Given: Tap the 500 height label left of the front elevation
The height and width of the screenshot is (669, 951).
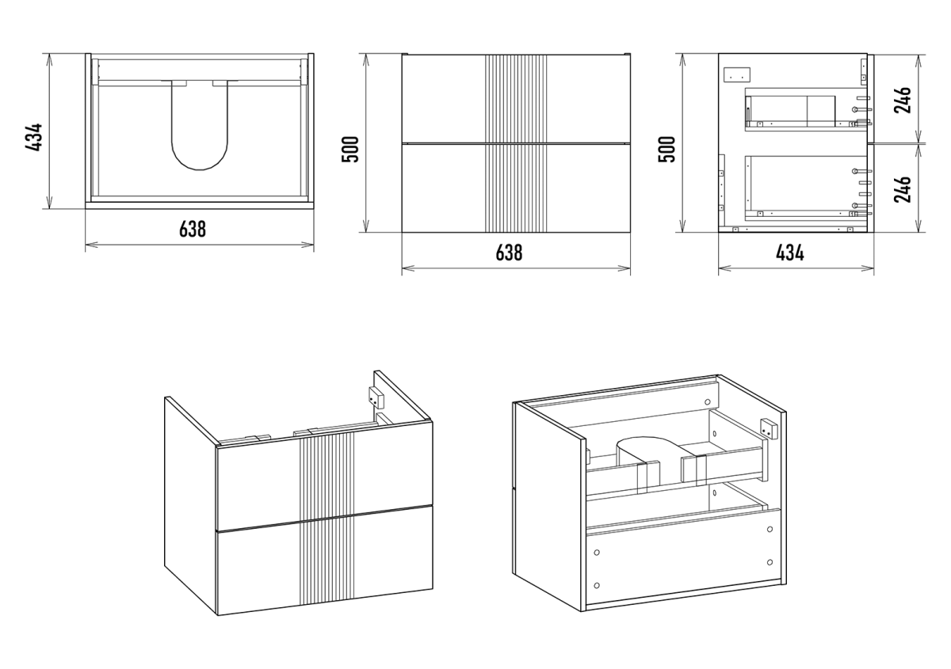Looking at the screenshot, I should (351, 149).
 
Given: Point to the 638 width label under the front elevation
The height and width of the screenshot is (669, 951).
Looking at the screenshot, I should (509, 253).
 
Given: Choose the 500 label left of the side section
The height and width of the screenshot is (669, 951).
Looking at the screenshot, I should (667, 149).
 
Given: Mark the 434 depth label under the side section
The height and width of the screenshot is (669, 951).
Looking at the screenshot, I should (789, 253).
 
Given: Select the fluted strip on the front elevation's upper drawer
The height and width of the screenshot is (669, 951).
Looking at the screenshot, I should (517, 98).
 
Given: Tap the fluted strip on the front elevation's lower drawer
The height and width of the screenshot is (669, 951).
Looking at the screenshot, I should (517, 188).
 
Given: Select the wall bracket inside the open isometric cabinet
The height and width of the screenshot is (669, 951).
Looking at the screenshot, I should (767, 428).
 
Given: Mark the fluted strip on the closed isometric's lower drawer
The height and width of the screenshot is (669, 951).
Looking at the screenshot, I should (327, 558).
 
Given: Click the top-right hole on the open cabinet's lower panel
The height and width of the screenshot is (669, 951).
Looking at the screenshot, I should (770, 530).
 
